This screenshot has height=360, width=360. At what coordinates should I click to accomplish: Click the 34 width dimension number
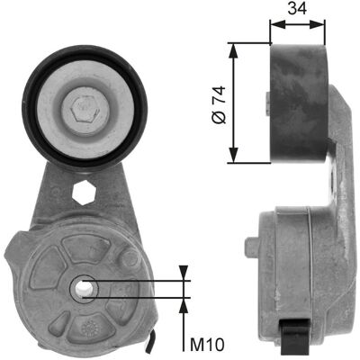tap(297, 8)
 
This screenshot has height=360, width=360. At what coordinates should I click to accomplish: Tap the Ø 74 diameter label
tap(219, 104)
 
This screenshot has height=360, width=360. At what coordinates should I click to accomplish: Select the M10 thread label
tap(207, 345)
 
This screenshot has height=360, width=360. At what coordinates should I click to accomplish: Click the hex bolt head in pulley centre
tap(85, 110)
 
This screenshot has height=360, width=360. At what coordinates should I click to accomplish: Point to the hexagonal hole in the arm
tap(85, 193)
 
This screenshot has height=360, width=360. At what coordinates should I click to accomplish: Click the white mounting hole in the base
tap(83, 289)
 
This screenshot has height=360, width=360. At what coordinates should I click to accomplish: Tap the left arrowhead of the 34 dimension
tap(277, 24)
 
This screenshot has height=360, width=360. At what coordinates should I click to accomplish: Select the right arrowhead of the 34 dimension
tap(318, 24)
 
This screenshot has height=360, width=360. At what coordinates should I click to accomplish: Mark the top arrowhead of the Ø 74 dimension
tap(234, 50)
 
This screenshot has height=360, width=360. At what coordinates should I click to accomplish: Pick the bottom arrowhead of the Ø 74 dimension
tap(234, 156)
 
